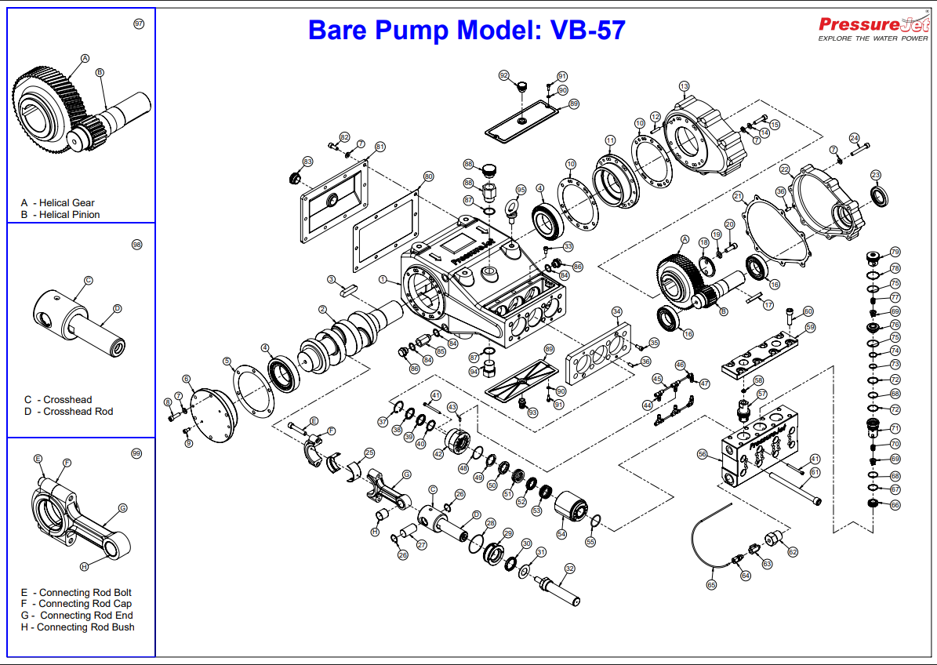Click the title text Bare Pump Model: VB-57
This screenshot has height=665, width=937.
tap(467, 30)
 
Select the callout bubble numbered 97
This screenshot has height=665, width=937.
tap(139, 24)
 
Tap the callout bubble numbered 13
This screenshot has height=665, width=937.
tap(684, 86)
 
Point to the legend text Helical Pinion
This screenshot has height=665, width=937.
tap(70, 215)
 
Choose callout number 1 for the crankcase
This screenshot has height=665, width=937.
tap(383, 279)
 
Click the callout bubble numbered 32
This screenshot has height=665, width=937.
tap(570, 569)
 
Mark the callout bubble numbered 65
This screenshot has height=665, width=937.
tap(711, 584)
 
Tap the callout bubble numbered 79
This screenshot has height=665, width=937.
tap(895, 253)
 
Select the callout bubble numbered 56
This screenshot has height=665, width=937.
tap(703, 454)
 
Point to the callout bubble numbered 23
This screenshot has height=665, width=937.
tap(876, 174)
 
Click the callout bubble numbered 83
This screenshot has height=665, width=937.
tap(308, 162)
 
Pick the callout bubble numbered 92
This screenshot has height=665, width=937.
tap(504, 75)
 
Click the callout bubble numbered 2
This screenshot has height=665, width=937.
tap(323, 311)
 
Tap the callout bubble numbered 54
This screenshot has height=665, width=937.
tap(561, 533)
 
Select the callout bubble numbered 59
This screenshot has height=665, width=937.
tap(810, 327)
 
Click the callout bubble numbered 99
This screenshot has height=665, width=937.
tap(136, 454)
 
